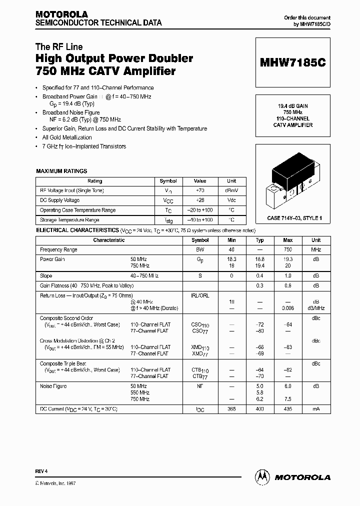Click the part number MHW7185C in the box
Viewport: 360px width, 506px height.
[292, 63]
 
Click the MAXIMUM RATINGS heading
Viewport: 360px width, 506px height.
[61, 171]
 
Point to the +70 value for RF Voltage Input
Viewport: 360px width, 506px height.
[199, 190]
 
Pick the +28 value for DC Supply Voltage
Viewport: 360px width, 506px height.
[199, 200]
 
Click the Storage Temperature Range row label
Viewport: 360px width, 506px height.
[69, 220]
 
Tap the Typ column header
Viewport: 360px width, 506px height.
[259, 240]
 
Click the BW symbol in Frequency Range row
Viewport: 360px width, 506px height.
[200, 249]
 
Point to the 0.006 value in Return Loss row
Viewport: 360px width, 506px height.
[287, 308]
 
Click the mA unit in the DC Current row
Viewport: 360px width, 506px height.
[316, 409]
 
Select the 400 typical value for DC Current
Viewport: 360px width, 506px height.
[259, 409]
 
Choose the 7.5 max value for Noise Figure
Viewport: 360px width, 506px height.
[287, 399]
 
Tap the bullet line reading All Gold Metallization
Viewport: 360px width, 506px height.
[67, 137]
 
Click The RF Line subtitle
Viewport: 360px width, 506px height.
[59, 47]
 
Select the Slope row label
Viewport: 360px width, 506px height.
[46, 275]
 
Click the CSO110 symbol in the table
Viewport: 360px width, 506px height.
[200, 325]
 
